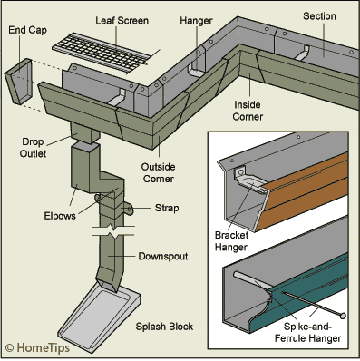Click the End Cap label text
(x=27, y=30)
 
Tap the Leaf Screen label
(x=122, y=21)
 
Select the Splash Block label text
(x=164, y=327)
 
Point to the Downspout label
(x=163, y=257)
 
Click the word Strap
(x=167, y=208)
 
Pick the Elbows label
(x=60, y=216)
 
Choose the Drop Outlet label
(x=34, y=148)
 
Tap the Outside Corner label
(x=159, y=172)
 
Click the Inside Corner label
(x=248, y=111)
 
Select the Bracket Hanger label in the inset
(x=231, y=241)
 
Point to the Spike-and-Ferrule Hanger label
(x=308, y=332)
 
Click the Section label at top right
(x=319, y=16)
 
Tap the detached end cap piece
(x=19, y=82)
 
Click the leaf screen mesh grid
(x=102, y=54)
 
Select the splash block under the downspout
(x=99, y=318)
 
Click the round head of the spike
(x=343, y=316)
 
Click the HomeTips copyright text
(x=37, y=347)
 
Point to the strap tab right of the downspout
(x=128, y=210)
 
